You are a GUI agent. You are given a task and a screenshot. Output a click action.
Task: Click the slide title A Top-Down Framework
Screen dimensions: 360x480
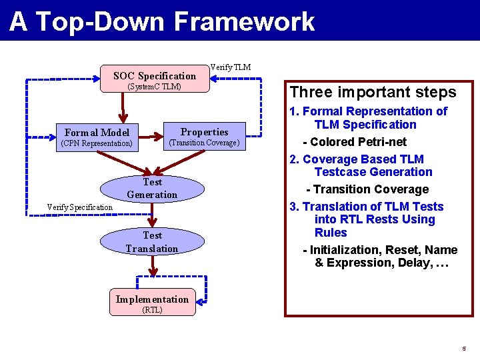162,21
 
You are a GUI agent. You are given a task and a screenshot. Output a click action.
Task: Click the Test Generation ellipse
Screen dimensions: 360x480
152,188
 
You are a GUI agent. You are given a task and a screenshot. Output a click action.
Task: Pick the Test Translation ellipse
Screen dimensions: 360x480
152,242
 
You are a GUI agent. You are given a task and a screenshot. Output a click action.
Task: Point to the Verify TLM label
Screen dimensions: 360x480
231,67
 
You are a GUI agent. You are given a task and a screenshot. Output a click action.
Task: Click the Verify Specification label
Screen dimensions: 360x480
80,207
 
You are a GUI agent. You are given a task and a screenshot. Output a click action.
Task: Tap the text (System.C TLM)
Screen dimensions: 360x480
154,87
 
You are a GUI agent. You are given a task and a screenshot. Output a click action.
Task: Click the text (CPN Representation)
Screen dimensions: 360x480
97,143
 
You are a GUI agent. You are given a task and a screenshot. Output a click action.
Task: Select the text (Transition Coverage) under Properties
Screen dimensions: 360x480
204,143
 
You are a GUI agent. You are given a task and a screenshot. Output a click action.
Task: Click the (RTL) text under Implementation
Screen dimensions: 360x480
152,310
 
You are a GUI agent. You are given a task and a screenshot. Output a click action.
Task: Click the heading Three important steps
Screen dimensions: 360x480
372,92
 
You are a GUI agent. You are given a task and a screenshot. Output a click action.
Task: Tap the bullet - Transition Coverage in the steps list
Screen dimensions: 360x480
367,189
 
